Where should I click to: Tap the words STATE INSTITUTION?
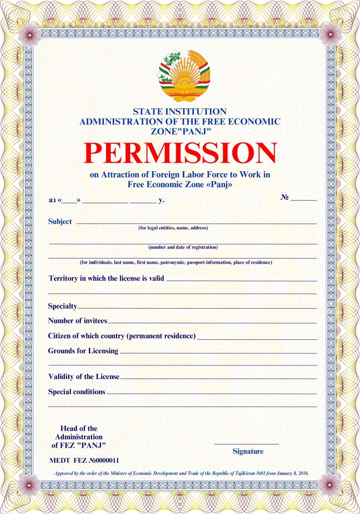[180, 111]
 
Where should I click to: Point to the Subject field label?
[60, 221]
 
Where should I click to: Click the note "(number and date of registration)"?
[183, 247]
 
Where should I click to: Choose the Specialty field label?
[62, 306]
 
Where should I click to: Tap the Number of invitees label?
[77, 320]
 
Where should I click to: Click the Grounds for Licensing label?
[83, 351]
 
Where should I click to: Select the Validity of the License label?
[84, 376]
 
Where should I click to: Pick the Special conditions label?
[76, 392]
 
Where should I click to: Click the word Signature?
[248, 451]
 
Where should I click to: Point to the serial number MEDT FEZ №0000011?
[84, 460]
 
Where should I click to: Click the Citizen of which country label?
[122, 336]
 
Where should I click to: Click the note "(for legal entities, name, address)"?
[173, 228]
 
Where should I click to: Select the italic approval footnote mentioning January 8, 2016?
[181, 473]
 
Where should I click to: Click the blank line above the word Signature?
[246, 444]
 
